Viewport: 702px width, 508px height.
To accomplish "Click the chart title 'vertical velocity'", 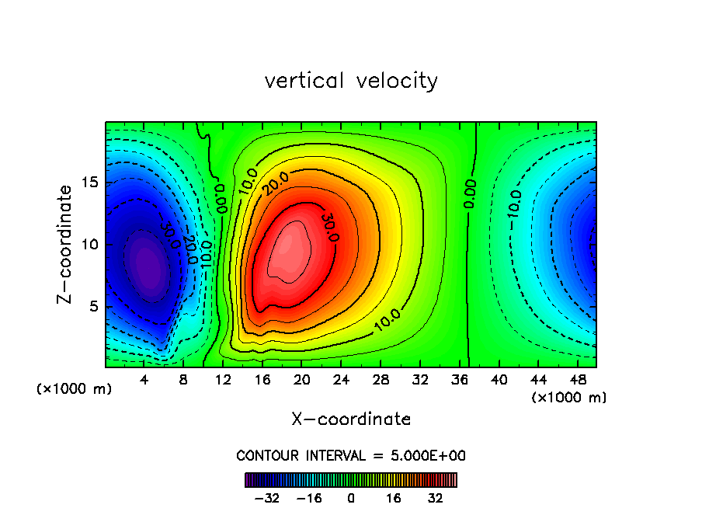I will pyautogui.click(x=351, y=81).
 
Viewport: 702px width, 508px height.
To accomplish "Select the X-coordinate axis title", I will pyautogui.click(x=351, y=419).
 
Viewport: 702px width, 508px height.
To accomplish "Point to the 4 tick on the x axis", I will pyautogui.click(x=144, y=381).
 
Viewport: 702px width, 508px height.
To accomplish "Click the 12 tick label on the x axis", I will pyautogui.click(x=223, y=381).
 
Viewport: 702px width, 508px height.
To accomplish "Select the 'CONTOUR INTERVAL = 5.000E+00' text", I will pyautogui.click(x=351, y=455).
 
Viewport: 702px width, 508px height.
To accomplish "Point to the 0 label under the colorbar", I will pyautogui.click(x=351, y=498).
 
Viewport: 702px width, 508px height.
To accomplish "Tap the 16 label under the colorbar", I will pyautogui.click(x=394, y=498).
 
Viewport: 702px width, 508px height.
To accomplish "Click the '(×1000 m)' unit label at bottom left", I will pyautogui.click(x=74, y=389).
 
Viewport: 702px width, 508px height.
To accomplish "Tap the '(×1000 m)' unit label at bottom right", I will pyautogui.click(x=568, y=398).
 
